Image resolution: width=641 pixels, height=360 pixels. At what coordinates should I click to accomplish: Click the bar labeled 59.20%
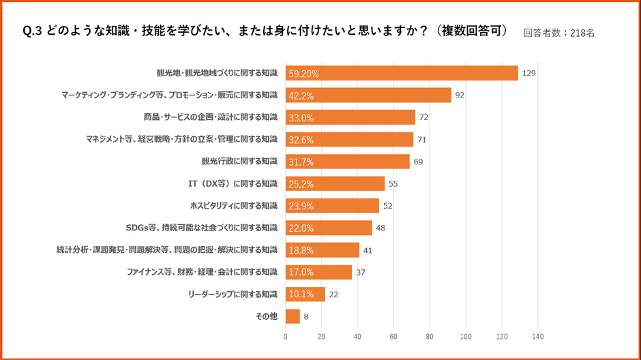pos(402,73)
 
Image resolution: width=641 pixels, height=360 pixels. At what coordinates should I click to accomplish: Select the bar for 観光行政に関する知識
pos(347,162)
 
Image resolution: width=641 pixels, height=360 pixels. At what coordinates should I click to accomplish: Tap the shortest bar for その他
pos(293,316)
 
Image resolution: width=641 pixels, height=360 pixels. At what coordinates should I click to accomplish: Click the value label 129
pos(528,73)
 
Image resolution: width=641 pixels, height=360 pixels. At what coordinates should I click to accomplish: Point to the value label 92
pos(460,95)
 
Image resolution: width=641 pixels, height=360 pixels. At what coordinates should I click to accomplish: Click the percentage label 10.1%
pos(301,295)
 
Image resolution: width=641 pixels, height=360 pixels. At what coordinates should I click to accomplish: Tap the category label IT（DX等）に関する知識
pos(233,183)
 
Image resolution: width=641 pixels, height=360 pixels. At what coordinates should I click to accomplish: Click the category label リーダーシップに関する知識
pos(233,294)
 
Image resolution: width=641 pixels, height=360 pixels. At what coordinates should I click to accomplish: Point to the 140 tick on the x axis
pos(537,336)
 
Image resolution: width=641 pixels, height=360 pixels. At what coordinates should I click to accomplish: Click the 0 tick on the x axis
pos(285,336)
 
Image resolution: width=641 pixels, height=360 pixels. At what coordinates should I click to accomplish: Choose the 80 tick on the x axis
pos(430,336)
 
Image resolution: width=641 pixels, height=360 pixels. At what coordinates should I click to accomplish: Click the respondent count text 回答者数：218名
pos(559,32)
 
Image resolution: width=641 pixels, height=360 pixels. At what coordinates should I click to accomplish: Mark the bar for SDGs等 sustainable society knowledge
pos(329,228)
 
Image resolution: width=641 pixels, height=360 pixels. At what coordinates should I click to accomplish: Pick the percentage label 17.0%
pos(301,272)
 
